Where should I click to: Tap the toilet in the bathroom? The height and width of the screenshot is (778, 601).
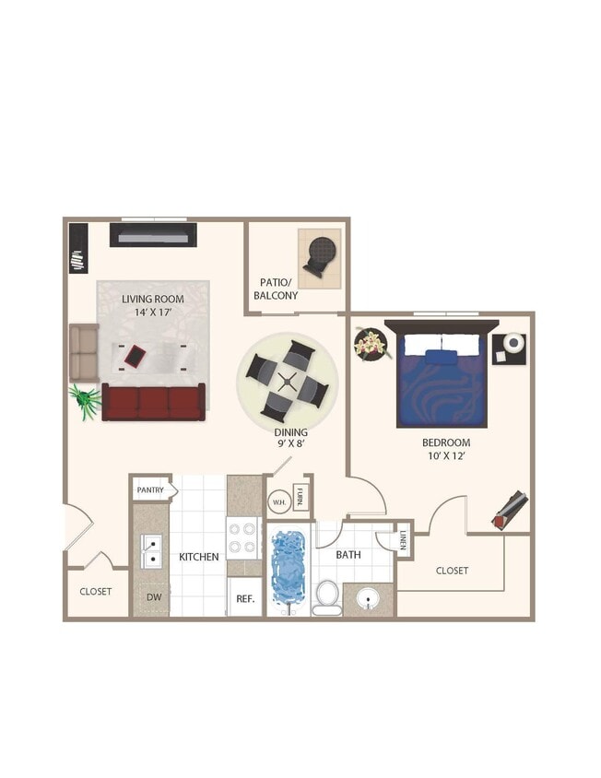pos(326,596)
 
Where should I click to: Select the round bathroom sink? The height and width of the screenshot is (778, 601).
pos(369,601)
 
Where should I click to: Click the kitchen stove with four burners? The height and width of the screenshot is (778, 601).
pos(242,538)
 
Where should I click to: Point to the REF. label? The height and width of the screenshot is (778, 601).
pos(245,598)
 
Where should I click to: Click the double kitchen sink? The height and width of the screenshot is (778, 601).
pos(148,552)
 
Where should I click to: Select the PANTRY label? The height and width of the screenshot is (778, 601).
pos(150,490)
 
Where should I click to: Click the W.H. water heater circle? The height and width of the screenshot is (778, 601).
pos(278,502)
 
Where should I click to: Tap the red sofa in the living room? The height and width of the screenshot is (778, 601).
pos(153,403)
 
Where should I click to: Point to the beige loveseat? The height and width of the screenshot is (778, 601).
pos(84,353)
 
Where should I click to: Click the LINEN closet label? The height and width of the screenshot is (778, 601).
pos(404,539)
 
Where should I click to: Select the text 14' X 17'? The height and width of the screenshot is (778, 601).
pos(153,312)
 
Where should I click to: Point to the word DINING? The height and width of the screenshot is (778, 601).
pos(290,431)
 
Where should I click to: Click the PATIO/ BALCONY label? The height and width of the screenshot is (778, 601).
pos(276,289)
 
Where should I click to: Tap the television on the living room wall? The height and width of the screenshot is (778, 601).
pos(153,234)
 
